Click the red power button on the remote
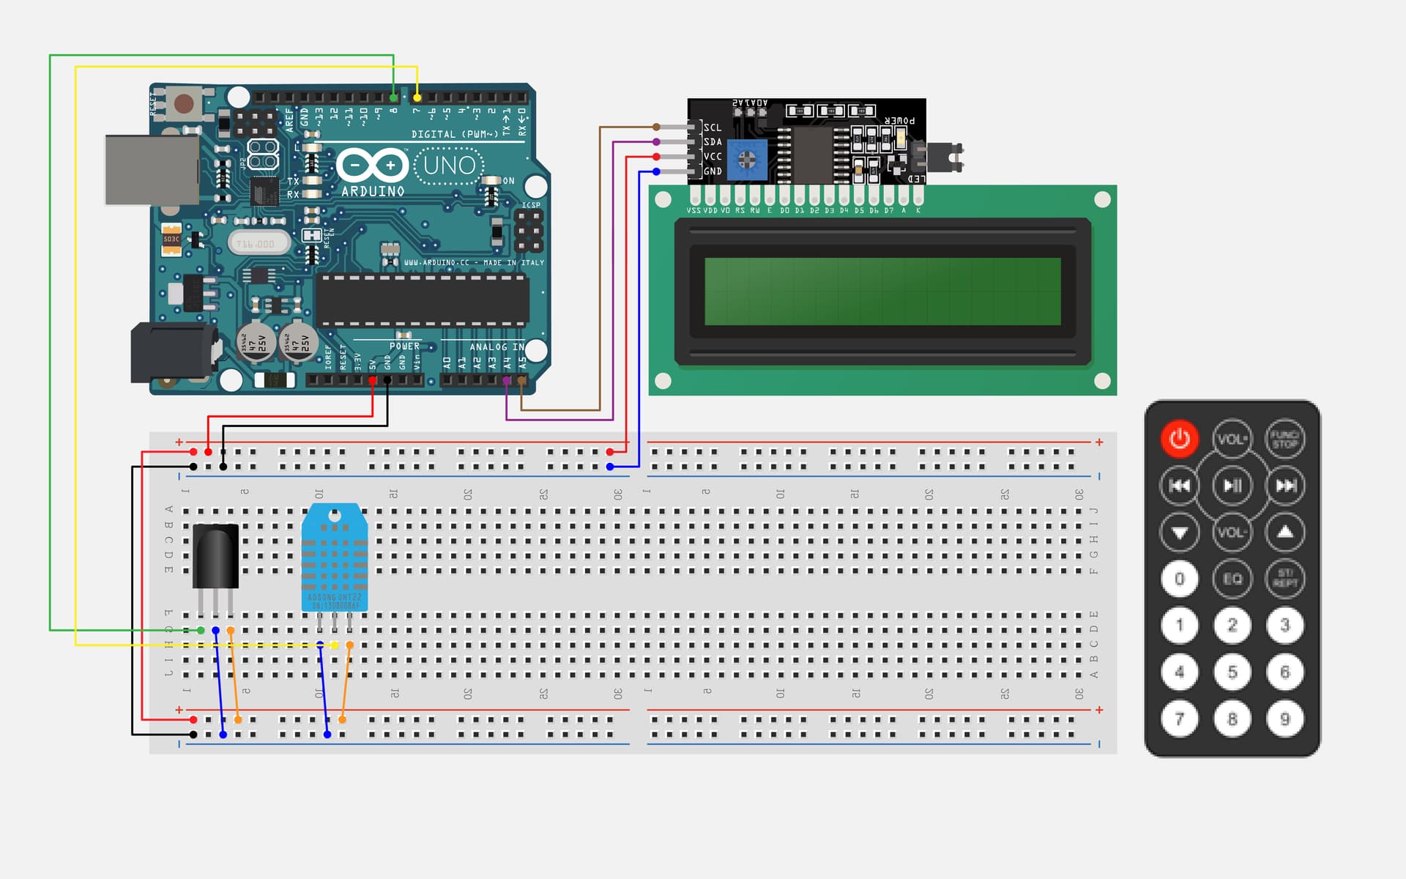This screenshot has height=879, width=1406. pyautogui.click(x=1179, y=439)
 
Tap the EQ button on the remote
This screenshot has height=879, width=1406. pyautogui.click(x=1232, y=579)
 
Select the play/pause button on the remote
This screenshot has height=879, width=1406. pyautogui.click(x=1232, y=485)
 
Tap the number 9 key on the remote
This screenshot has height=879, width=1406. pyautogui.click(x=1284, y=719)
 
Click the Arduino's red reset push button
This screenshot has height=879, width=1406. pyautogui.click(x=183, y=103)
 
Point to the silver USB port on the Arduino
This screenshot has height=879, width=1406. pyautogui.click(x=152, y=170)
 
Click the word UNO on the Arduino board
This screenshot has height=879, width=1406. pyautogui.click(x=450, y=166)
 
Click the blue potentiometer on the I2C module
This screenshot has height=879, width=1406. pyautogui.click(x=746, y=159)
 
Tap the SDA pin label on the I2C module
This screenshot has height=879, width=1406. pyautogui.click(x=713, y=142)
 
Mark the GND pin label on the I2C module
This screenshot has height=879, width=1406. pyautogui.click(x=713, y=171)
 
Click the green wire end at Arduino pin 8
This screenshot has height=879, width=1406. pyautogui.click(x=394, y=97)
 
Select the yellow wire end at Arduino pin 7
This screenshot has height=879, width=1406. pyautogui.click(x=417, y=97)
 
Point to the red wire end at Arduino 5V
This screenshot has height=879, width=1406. pyautogui.click(x=373, y=380)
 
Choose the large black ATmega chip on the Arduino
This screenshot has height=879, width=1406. pyautogui.click(x=422, y=300)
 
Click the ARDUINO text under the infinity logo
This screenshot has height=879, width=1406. pyautogui.click(x=373, y=191)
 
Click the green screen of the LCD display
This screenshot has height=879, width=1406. pyautogui.click(x=882, y=291)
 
